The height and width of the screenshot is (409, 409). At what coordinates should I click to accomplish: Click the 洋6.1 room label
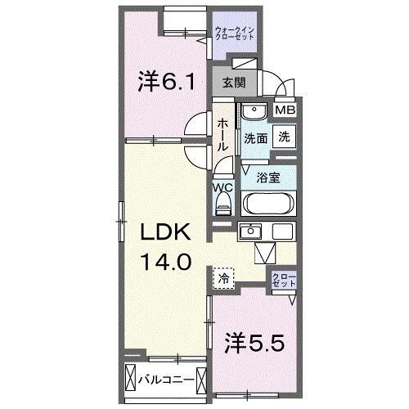[x=166, y=81]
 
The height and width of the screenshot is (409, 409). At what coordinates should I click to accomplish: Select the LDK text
[x=165, y=232]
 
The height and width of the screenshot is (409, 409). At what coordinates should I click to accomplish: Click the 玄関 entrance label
[x=234, y=83]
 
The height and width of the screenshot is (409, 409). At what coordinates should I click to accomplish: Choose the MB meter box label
[x=285, y=110]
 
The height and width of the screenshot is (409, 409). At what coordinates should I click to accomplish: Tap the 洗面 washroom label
[x=255, y=139]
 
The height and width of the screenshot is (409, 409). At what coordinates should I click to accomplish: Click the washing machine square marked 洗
[x=284, y=137]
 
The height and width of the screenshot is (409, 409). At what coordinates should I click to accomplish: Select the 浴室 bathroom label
[x=268, y=178]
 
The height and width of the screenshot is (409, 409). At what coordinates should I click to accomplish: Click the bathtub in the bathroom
[x=268, y=204]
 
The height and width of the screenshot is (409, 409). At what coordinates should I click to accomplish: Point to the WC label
[x=223, y=187]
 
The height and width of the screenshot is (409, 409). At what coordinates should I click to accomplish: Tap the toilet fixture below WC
[x=223, y=204]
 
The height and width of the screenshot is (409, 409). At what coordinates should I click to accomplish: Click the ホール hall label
[x=222, y=135]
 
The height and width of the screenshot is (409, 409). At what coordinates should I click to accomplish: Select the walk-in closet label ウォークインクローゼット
[x=235, y=33]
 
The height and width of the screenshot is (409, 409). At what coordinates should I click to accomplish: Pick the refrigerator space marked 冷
[x=223, y=278]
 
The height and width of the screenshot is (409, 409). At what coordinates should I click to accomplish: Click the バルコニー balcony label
[x=166, y=380]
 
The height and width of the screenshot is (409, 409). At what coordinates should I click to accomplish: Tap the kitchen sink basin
[x=250, y=231]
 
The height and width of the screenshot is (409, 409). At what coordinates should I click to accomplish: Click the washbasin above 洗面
[x=254, y=110]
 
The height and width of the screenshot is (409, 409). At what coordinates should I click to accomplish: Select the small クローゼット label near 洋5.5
[x=284, y=280]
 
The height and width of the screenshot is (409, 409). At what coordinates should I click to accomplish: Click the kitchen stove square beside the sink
[x=282, y=231]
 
